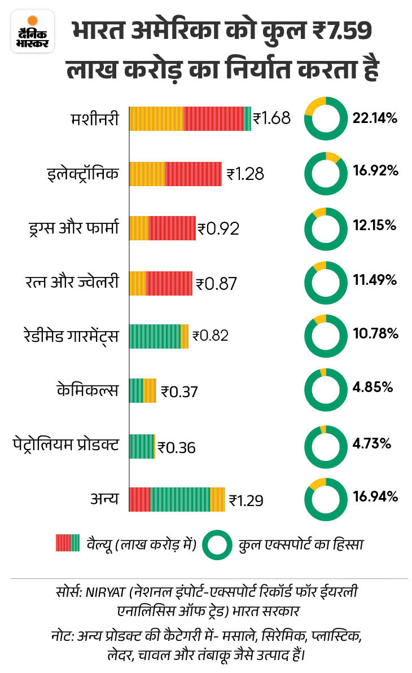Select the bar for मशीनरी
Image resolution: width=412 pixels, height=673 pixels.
click(x=190, y=118)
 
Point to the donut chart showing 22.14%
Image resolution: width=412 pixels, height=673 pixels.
click(x=322, y=118)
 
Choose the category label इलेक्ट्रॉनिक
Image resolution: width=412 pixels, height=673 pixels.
click(x=83, y=174)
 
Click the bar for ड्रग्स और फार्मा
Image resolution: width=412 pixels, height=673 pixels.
click(x=163, y=228)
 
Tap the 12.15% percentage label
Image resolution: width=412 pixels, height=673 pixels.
click(x=375, y=226)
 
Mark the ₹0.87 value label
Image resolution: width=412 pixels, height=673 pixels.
click(x=217, y=283)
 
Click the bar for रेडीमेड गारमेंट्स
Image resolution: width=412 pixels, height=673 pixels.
click(x=159, y=336)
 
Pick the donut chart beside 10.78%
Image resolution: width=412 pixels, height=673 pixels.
click(x=322, y=334)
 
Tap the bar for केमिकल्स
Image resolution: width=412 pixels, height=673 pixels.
click(x=142, y=390)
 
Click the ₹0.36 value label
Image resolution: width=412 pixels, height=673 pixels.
click(x=177, y=447)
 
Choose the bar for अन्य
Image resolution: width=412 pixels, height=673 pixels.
click(x=177, y=499)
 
